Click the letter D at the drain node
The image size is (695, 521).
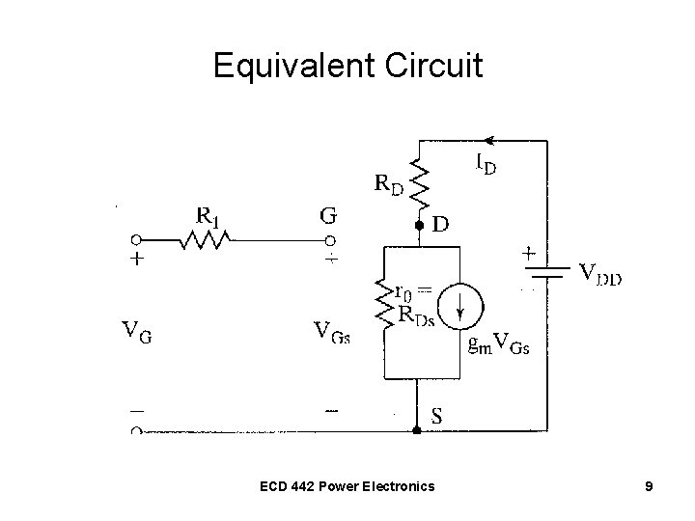pyautogui.click(x=440, y=224)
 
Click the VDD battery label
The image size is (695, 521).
pyautogui.click(x=599, y=275)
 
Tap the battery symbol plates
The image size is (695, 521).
pyautogui.click(x=547, y=276)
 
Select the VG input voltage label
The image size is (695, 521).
pyautogui.click(x=136, y=335)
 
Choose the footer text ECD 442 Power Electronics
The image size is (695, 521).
pyautogui.click(x=347, y=486)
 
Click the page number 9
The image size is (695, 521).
pyautogui.click(x=650, y=486)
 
